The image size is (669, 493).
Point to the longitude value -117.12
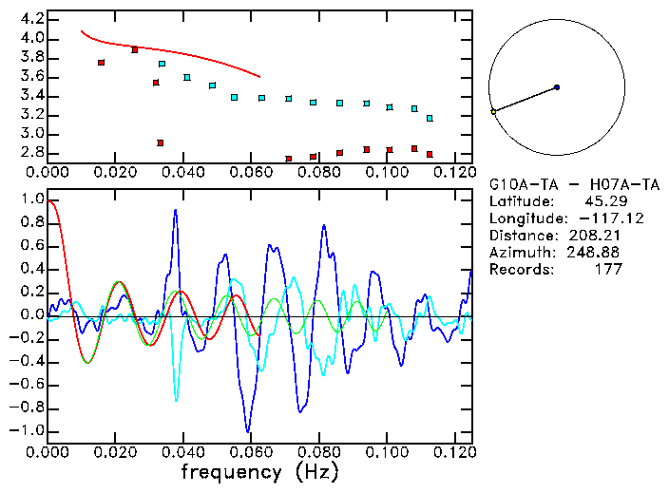pos(596,218)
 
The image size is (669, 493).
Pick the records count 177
pos(609,270)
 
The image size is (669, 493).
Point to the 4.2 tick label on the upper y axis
pos(31,19)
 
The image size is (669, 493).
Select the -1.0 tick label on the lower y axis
pos(29,430)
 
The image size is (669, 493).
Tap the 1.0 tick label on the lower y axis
pos(31,200)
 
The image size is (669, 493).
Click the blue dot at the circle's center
pos(557,87)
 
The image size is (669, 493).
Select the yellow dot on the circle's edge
pos(493,112)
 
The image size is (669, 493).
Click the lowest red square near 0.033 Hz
pos(161,142)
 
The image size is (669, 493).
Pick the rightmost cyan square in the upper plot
pos(430,118)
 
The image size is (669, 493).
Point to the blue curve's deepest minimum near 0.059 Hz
pos(248,429)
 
